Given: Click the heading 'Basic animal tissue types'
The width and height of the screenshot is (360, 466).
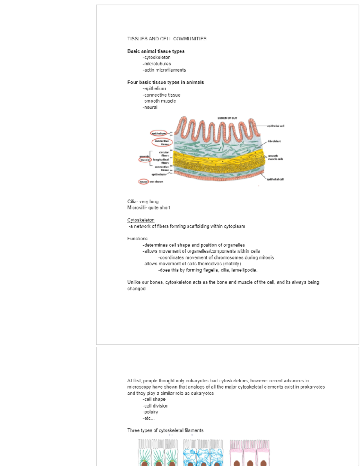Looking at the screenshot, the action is click(156, 51).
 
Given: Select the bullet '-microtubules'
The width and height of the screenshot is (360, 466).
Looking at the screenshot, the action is click(157, 64).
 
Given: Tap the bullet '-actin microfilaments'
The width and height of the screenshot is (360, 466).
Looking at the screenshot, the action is click(164, 70).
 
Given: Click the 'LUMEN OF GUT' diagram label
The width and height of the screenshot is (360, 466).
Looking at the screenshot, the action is click(227, 118).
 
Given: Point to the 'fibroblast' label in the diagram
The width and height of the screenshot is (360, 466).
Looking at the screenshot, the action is click(274, 141).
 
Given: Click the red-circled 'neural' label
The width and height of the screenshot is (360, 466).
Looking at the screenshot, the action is click(144, 182).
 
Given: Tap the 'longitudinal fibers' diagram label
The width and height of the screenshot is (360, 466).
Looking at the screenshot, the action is click(161, 161).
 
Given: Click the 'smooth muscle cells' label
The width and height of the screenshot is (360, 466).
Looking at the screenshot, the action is click(275, 158).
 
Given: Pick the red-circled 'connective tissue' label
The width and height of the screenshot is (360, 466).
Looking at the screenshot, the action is click(162, 142).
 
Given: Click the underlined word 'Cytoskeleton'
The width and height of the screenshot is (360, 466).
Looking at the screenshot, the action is click(141, 220).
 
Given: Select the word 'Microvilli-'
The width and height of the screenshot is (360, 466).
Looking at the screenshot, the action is click(137, 208).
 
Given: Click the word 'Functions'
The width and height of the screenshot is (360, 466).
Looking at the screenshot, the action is click(137, 239).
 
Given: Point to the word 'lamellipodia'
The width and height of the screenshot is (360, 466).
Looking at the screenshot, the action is click(244, 270).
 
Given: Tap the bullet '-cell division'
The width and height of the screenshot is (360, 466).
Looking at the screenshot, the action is click(155, 406).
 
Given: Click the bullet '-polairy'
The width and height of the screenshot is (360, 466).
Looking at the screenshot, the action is click(150, 412).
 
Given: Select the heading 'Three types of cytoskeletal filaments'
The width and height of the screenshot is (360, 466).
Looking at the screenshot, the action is click(165, 430).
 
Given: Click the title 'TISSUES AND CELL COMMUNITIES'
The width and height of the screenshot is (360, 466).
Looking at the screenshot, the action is click(167, 39).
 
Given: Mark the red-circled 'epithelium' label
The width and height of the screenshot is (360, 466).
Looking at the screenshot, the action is click(159, 133).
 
